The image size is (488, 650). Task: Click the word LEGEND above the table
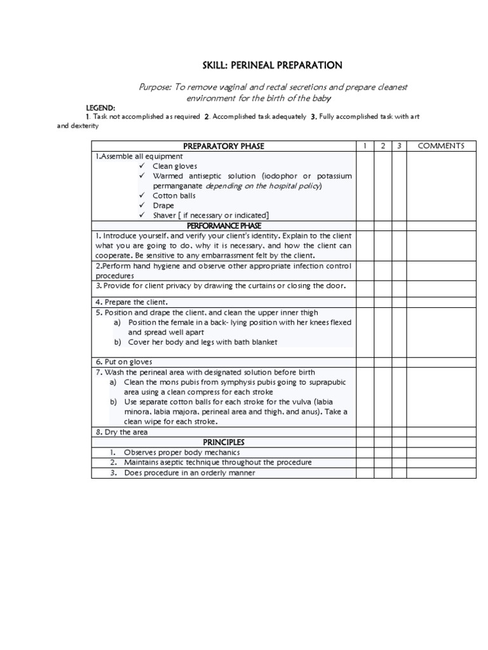(100, 109)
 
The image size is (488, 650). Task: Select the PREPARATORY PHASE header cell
(223, 146)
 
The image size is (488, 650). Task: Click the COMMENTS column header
(441, 146)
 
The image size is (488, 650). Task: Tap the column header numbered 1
(365, 146)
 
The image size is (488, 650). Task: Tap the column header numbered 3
(399, 146)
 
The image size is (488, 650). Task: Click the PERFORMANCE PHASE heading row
(223, 225)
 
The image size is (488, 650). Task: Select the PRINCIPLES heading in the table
(223, 442)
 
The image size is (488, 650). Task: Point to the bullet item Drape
(163, 206)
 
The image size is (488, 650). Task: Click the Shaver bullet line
(210, 215)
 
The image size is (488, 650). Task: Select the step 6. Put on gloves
(124, 362)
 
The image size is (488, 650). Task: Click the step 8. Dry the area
(121, 432)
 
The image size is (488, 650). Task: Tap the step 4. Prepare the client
(132, 302)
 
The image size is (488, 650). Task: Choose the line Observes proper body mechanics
(182, 453)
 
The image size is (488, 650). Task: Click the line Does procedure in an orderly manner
(189, 473)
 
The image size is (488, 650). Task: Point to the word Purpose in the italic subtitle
(155, 87)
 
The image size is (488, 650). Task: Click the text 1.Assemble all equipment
(139, 156)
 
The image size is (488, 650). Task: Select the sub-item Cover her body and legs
(202, 342)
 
